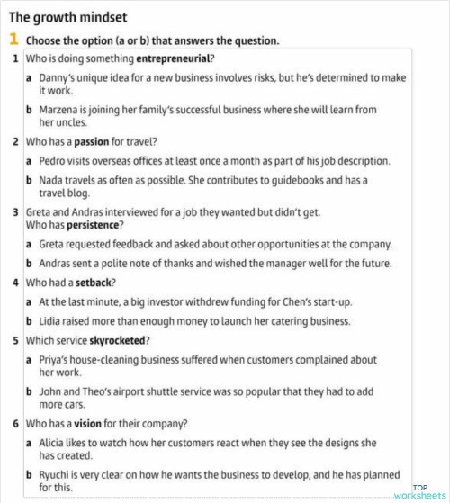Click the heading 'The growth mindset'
[x=67, y=17]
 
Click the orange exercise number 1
[x=14, y=40]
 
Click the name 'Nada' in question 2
[x=50, y=180]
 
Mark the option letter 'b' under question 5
[x=30, y=391]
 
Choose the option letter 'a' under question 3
[x=30, y=244]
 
